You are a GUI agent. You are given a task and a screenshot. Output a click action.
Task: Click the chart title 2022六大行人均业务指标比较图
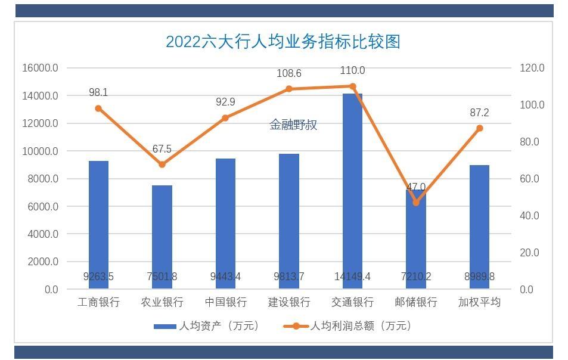click(x=283, y=41)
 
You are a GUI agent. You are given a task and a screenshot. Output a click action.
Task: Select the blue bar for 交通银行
click(x=352, y=191)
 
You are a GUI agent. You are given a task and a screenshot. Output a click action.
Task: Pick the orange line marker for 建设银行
click(x=289, y=89)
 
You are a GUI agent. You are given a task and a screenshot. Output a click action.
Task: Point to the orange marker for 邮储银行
click(x=416, y=203)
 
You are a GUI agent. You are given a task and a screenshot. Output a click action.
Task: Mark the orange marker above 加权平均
click(x=479, y=128)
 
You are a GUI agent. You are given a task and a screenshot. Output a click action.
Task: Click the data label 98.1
click(x=98, y=92)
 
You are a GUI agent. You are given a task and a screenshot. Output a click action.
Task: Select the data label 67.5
click(x=162, y=149)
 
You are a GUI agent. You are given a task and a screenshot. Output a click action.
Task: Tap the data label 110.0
click(x=352, y=70)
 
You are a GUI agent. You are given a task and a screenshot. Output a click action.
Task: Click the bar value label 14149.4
click(x=352, y=277)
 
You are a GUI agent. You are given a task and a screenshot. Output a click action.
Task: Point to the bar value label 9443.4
click(x=225, y=277)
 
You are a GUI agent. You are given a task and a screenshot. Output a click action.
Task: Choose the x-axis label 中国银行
click(x=225, y=302)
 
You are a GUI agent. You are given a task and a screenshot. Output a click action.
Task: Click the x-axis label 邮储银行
click(x=416, y=302)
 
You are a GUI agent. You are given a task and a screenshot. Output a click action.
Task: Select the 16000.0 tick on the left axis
click(x=40, y=68)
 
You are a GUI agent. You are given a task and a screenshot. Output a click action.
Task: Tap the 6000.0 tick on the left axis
click(x=41, y=206)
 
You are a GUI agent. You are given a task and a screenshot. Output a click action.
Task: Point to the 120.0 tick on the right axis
click(x=532, y=68)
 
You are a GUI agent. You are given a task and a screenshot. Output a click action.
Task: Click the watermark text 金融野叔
click(x=293, y=125)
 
